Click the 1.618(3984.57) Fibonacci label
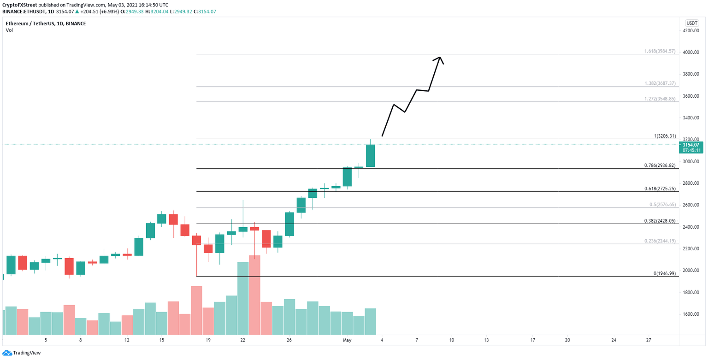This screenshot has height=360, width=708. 660,51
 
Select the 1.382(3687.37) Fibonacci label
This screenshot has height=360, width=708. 660,83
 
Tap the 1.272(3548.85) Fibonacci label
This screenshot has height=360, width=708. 660,99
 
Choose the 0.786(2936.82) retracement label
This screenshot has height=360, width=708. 660,165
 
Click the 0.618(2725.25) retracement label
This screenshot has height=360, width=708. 660,189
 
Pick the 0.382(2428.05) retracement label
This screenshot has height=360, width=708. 660,221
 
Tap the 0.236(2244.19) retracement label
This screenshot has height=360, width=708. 660,241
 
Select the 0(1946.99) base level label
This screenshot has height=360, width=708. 664,273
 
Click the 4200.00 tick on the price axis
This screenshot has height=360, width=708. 691,30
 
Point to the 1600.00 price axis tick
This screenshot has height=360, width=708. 691,314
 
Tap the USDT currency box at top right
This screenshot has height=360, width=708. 691,22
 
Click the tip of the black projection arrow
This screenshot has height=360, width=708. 440,57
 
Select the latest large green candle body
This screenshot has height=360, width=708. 370,155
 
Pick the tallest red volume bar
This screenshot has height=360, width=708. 255,295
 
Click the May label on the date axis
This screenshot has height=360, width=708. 347,340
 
